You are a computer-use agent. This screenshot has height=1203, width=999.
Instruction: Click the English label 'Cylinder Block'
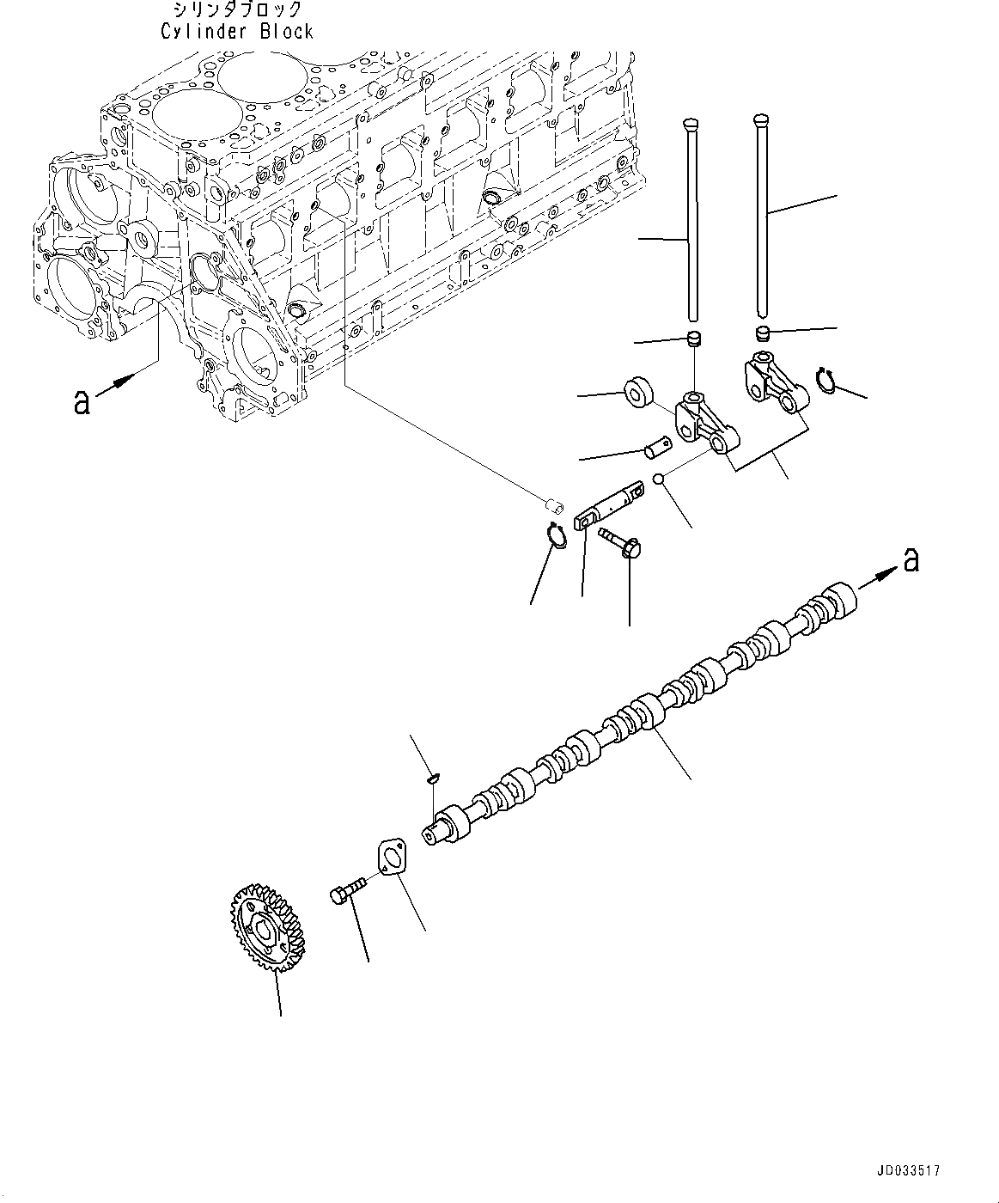(237, 32)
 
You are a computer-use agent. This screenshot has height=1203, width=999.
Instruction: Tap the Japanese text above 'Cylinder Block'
(237, 10)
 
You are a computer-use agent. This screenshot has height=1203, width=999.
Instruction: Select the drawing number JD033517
(909, 1170)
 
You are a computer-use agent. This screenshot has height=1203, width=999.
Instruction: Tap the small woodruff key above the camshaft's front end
(433, 779)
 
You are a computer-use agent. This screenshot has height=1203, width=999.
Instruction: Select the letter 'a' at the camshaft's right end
(911, 560)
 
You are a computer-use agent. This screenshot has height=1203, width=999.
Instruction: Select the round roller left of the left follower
(637, 388)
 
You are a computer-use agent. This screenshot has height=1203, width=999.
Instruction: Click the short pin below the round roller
(658, 448)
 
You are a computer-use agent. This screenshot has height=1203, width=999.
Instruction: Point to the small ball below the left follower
(658, 479)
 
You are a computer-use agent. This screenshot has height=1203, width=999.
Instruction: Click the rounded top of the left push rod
(689, 127)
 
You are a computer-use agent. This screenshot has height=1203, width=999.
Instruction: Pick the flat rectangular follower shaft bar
(608, 504)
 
